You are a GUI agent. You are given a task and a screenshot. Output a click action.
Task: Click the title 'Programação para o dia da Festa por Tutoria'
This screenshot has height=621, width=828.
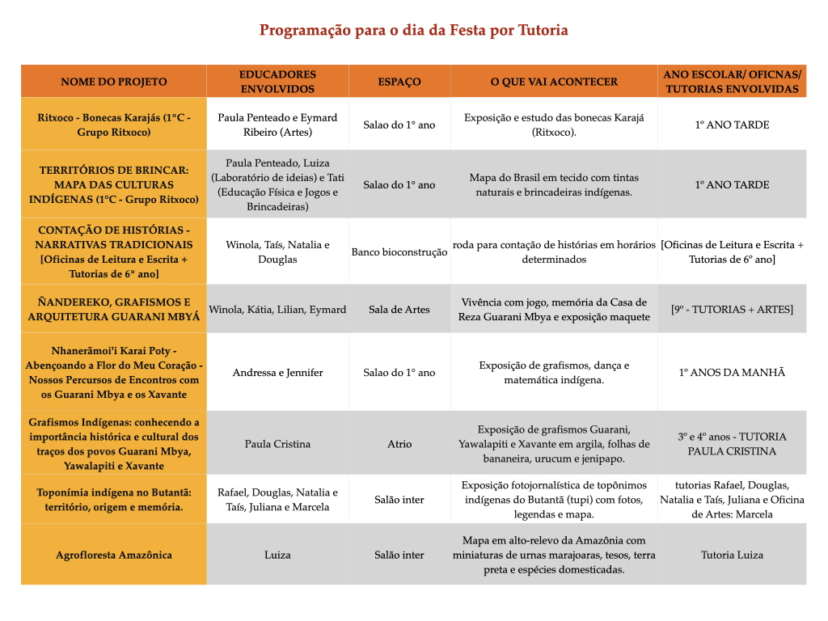click(413, 31)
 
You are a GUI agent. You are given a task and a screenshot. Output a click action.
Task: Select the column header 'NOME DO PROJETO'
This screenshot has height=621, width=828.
click(114, 82)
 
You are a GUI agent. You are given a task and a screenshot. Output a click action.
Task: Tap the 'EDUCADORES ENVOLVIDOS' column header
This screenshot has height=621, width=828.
click(277, 82)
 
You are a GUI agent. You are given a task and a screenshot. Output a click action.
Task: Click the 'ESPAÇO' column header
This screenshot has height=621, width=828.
click(399, 82)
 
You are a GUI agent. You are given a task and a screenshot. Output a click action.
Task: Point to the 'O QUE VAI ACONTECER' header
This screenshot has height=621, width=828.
click(554, 82)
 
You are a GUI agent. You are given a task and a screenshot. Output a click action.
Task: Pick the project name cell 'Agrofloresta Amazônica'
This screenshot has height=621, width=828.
click(114, 555)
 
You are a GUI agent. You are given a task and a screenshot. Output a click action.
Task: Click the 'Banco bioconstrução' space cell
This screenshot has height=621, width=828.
click(399, 252)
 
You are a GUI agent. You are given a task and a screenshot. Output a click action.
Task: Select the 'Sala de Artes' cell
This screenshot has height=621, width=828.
click(399, 309)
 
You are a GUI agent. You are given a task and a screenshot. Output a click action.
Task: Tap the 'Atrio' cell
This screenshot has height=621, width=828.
click(399, 444)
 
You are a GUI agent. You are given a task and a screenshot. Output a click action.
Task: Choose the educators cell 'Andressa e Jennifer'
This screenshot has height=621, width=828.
click(277, 373)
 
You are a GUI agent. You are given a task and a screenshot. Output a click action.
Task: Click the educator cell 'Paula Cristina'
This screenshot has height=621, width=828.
click(277, 444)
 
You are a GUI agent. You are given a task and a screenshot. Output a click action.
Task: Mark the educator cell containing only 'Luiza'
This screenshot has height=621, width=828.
click(277, 555)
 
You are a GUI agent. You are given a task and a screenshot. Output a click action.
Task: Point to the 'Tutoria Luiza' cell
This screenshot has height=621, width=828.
click(732, 555)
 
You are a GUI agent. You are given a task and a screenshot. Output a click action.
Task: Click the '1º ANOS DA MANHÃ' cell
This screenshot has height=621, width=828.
click(732, 373)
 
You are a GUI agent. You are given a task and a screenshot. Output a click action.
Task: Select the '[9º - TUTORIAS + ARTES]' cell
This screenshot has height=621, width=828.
click(732, 309)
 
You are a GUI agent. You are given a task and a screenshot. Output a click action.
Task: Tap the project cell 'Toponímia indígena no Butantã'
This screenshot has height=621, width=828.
click(114, 500)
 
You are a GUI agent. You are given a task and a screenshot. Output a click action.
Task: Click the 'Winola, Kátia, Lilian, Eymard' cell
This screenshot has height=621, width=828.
click(277, 309)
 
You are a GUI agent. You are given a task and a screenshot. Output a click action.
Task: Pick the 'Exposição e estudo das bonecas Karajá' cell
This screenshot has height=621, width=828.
click(554, 125)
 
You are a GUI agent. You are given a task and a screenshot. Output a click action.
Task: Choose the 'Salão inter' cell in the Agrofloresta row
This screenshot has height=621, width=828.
click(399, 555)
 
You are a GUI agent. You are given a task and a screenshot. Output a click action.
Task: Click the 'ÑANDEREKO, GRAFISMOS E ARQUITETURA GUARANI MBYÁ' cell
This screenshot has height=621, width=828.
click(114, 309)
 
